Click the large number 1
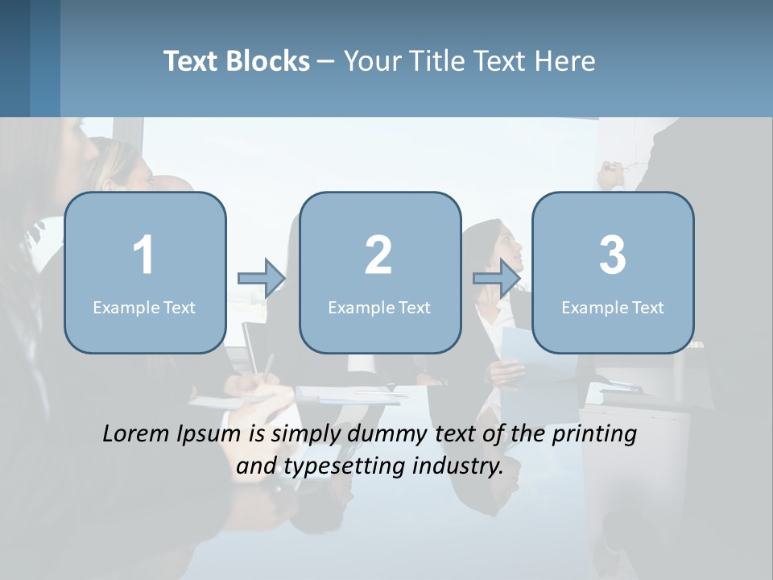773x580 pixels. click(143, 255)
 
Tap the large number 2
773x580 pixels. click(378, 255)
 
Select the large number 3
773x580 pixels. click(613, 255)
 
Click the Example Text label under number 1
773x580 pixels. click(144, 307)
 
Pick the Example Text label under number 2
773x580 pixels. click(379, 307)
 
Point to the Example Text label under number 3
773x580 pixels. click(613, 307)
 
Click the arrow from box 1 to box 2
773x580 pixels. click(262, 279)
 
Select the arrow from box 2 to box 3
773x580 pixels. click(497, 279)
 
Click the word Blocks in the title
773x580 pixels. click(269, 61)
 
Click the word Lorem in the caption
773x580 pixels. click(136, 434)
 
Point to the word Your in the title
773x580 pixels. click(371, 61)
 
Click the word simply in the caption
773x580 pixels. click(306, 435)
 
